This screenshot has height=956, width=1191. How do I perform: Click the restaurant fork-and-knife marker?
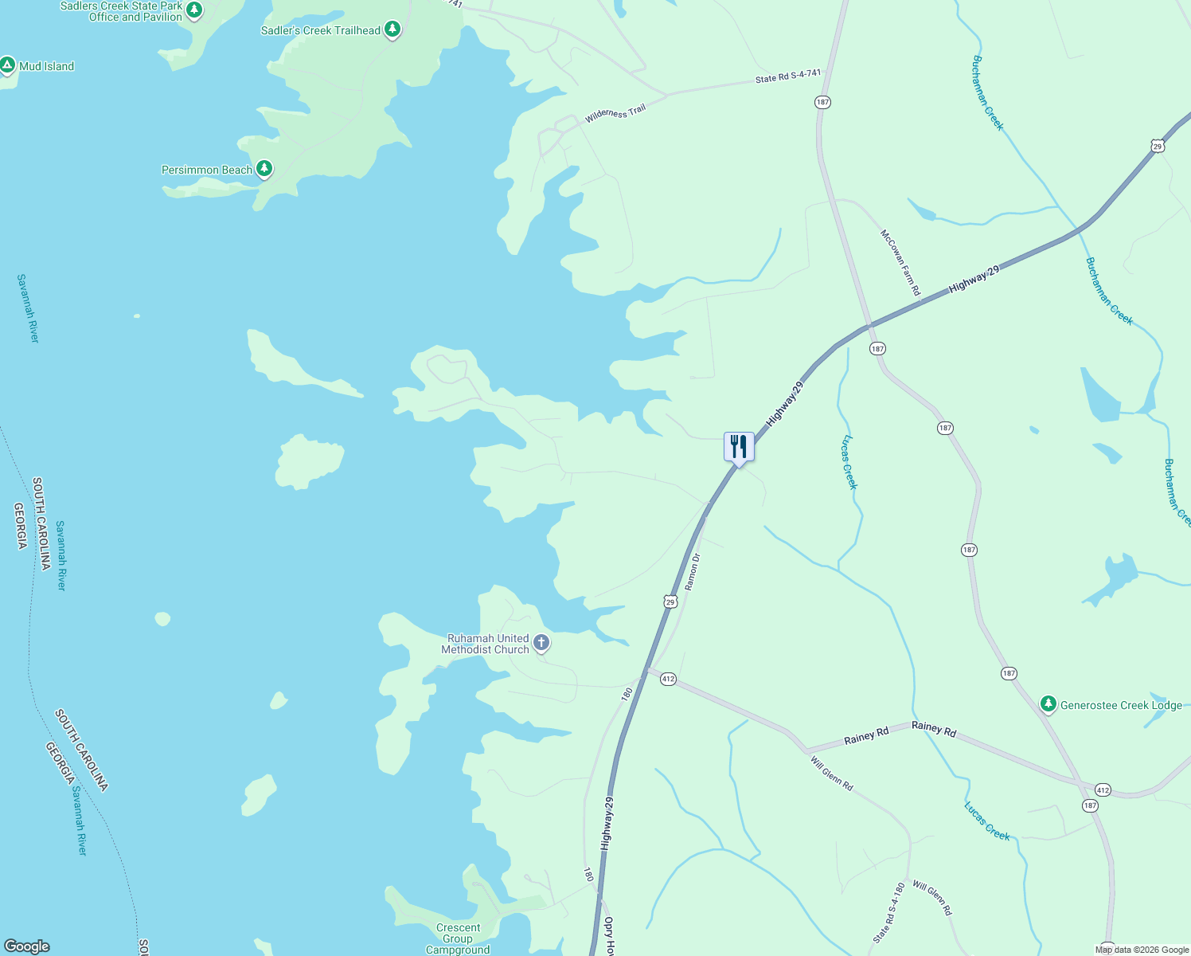pos(739,447)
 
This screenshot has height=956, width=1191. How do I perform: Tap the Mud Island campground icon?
pos(8,65)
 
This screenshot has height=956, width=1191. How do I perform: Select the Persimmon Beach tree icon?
pos(264,169)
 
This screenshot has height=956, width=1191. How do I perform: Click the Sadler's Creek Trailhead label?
pos(321,31)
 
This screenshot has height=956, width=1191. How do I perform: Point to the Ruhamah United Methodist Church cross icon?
pos(541,643)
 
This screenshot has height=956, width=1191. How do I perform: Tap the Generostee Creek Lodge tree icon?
pos(1048,704)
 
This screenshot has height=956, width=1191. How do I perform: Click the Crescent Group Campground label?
pos(458,938)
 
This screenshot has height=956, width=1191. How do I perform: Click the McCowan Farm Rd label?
pos(900,263)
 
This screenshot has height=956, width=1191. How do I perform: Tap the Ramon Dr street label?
pos(693,571)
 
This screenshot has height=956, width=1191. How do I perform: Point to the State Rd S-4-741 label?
pos(788,76)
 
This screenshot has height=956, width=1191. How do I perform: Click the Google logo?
pos(26,946)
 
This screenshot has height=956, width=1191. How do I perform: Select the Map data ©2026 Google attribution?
pos(1142,950)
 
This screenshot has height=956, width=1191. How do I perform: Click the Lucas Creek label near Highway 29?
pos(849,462)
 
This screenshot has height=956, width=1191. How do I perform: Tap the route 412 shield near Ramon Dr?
pos(668,679)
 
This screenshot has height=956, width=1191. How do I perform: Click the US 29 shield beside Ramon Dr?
pos(670,601)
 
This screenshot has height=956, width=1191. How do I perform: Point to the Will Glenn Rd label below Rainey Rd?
pos(832,774)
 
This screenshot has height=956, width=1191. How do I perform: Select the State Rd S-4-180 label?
pos(888,913)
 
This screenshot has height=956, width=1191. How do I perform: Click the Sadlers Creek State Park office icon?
pos(194,11)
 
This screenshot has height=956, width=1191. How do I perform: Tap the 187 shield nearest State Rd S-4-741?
pos(822,102)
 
